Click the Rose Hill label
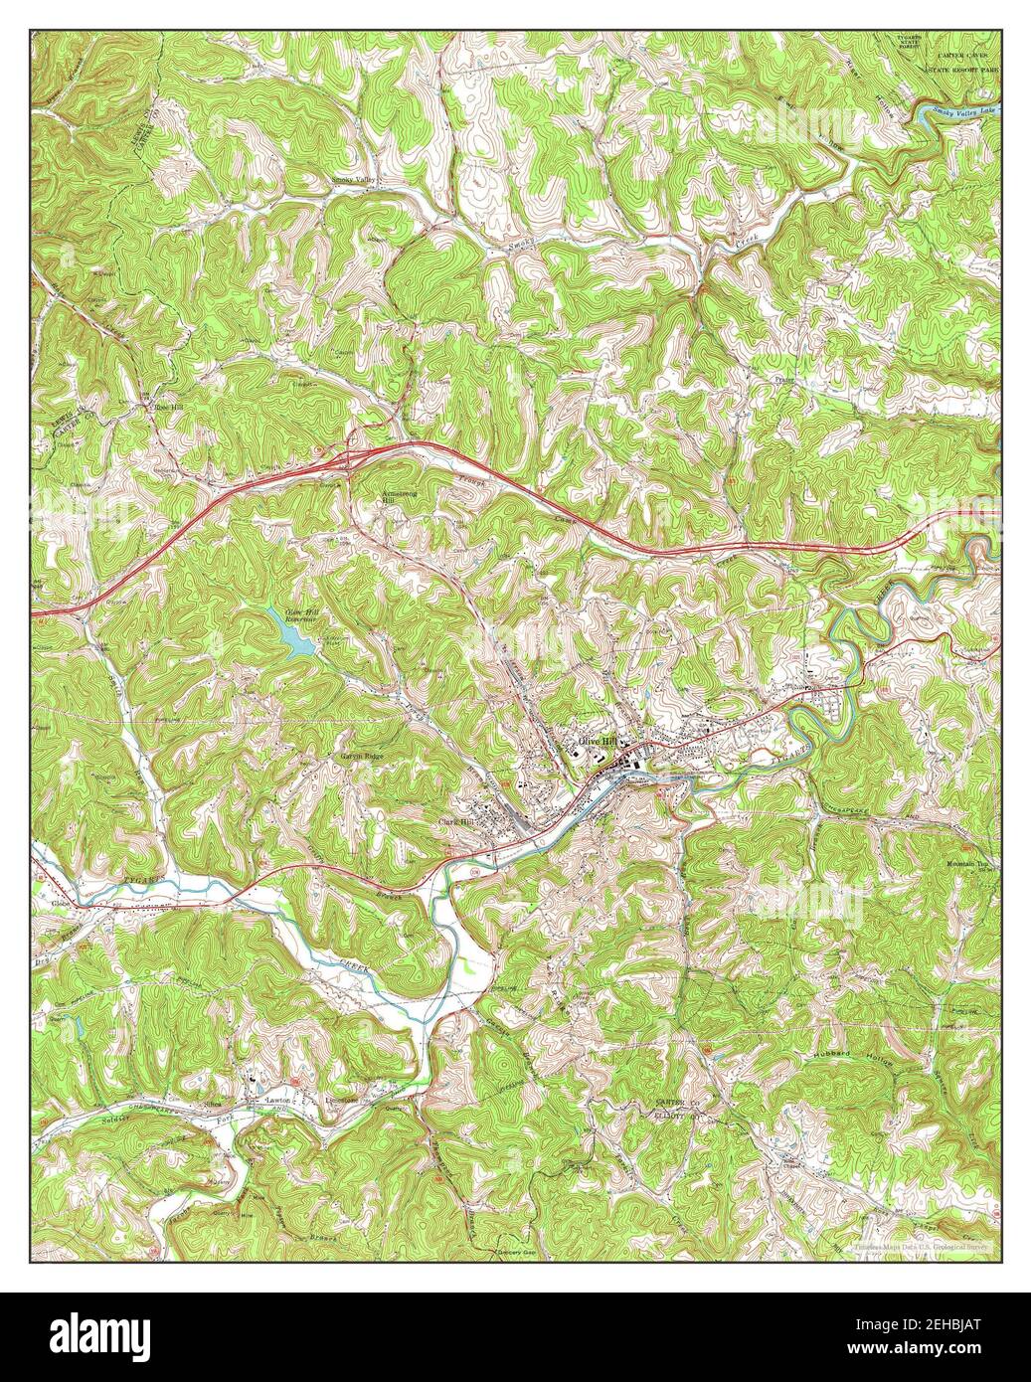[x=165, y=407]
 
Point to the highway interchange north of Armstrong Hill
[x=350, y=458]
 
